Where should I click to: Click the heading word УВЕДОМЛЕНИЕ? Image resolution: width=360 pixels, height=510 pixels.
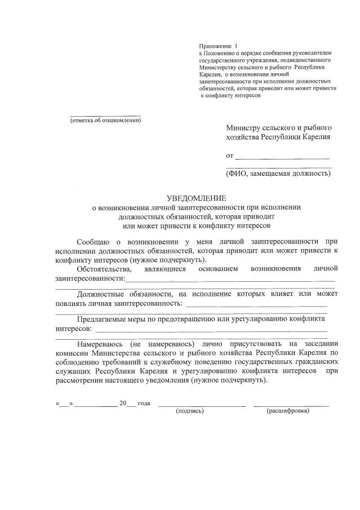coord(196,198)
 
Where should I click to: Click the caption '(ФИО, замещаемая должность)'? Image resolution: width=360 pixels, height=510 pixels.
coord(278,173)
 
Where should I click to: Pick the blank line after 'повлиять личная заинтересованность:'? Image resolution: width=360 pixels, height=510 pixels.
coord(256,305)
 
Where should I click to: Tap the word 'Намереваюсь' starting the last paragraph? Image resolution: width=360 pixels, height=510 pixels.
coord(103,343)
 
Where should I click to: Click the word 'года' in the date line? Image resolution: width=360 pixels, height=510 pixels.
coord(144,403)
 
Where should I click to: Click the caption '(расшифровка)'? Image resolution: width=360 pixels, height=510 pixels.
coord(288,411)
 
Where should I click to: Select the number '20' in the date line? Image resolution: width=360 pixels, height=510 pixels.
coord(122,403)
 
